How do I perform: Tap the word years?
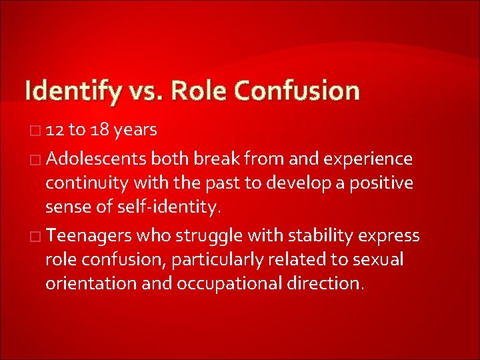click(x=135, y=130)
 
